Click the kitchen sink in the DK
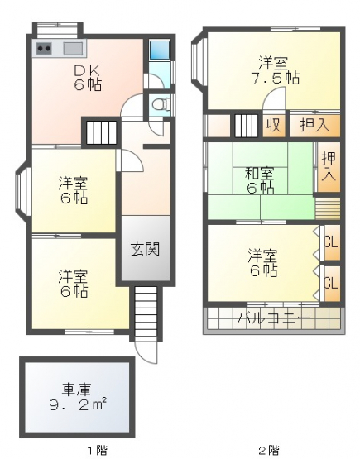[73, 48]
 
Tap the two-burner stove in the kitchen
[44, 48]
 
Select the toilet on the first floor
[161, 103]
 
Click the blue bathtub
[160, 50]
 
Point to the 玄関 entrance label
[146, 250]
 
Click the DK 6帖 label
[87, 78]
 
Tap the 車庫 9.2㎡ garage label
[77, 397]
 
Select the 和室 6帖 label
[260, 180]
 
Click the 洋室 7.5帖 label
[276, 69]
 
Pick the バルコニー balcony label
[274, 318]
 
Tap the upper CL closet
[332, 242]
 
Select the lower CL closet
[332, 284]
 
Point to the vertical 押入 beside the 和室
[329, 167]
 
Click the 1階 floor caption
[98, 450]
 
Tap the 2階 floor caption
[269, 450]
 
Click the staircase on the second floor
[247, 126]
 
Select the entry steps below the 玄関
[146, 313]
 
